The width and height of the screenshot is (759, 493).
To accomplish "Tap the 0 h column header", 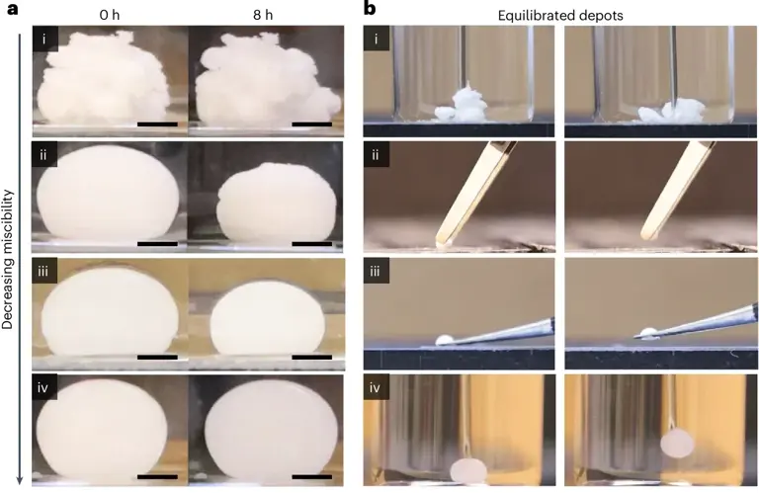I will [109, 18].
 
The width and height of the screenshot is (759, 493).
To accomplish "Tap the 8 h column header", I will [264, 18].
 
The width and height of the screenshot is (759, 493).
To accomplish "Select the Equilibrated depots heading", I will [560, 18].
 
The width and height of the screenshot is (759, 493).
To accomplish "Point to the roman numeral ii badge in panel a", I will [43, 156].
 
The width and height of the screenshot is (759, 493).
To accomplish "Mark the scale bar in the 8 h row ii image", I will [312, 242].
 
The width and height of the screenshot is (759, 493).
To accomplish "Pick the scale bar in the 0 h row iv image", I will [157, 476].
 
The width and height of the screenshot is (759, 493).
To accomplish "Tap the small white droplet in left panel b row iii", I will [445, 340].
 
